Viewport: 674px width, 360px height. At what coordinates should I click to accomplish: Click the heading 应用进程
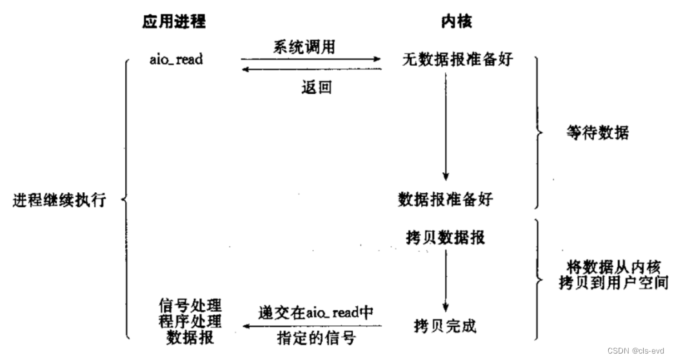(174, 21)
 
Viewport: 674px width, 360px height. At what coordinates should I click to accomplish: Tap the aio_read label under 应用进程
(175, 60)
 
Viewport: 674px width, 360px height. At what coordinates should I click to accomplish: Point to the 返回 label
(316, 87)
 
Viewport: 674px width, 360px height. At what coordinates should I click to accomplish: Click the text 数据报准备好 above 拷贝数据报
(445, 199)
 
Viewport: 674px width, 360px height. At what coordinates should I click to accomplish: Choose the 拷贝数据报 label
(444, 238)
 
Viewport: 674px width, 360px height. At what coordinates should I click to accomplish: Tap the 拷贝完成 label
(445, 325)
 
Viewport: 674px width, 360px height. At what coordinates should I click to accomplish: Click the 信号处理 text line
(190, 304)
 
